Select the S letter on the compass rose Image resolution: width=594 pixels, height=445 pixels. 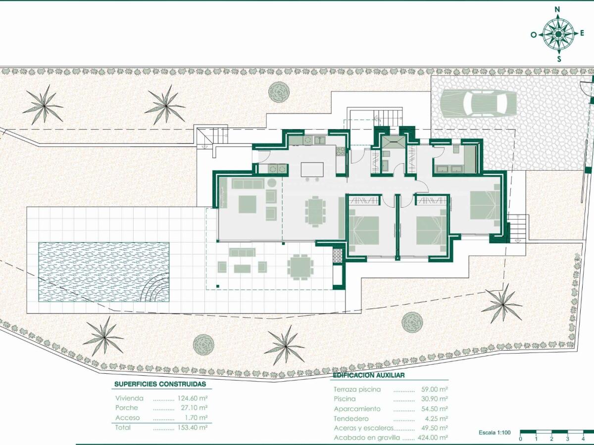coord(559,59)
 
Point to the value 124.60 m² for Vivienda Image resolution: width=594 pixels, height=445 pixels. coord(192,398)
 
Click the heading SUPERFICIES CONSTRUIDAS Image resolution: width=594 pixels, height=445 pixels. coord(160,384)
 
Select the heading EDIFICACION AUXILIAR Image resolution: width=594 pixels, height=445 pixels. coord(369,375)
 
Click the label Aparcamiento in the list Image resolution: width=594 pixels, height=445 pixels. coord(357,409)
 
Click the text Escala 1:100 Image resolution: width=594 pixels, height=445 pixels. coord(494,433)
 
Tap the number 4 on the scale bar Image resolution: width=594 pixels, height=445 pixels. coord(584,439)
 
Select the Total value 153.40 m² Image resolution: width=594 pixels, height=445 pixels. coord(192,427)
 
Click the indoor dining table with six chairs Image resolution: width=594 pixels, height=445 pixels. coord(314,211)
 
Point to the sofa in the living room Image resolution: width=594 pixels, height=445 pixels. coord(247,184)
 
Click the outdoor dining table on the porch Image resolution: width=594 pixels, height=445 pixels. coord(300,267)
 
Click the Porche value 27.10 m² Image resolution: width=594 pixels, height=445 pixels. coord(194,408)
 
